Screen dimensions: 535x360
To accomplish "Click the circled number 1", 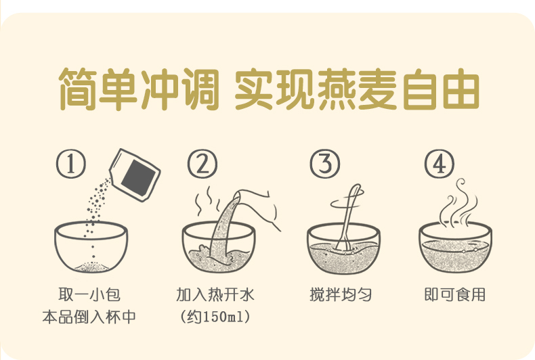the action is pyautogui.click(x=71, y=164).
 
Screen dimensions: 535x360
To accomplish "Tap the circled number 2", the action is pyautogui.click(x=202, y=164).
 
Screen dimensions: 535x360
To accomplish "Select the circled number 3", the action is pyautogui.click(x=325, y=164).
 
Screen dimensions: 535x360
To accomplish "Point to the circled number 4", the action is pyautogui.click(x=440, y=164).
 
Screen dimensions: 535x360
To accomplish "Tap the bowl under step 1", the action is pyautogui.click(x=91, y=246).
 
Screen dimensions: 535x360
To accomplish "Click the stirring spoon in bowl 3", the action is pyautogui.click(x=347, y=218).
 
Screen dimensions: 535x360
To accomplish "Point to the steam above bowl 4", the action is pyautogui.click(x=457, y=203).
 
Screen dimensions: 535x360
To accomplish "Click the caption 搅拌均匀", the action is pyautogui.click(x=341, y=294).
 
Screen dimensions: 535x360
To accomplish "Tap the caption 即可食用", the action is pyautogui.click(x=455, y=294).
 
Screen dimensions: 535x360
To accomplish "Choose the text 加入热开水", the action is pyautogui.click(x=215, y=294).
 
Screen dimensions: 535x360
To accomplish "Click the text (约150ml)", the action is pyautogui.click(x=215, y=317).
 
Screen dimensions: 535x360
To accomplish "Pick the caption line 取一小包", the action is pyautogui.click(x=89, y=294).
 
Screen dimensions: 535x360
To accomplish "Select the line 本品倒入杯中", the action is pyautogui.click(x=89, y=317).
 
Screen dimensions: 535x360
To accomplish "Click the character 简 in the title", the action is pyautogui.click(x=78, y=89).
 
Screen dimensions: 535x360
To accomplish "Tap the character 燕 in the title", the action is pyautogui.click(x=337, y=89).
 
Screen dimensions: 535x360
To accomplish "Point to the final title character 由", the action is pyautogui.click(x=461, y=89).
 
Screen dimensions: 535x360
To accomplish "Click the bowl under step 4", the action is pyautogui.click(x=456, y=247).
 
